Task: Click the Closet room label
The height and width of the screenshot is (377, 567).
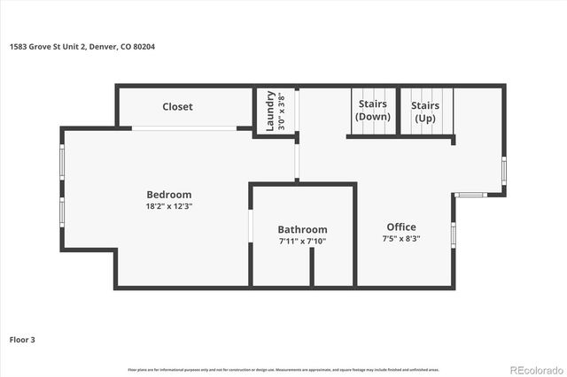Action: (177, 107)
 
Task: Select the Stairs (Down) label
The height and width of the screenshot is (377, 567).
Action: (372, 111)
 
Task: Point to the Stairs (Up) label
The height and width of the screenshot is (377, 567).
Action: (425, 111)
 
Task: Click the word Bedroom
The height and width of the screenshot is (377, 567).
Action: (168, 195)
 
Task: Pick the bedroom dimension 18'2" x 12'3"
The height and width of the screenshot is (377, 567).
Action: (168, 206)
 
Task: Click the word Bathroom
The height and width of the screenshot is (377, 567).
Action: (302, 229)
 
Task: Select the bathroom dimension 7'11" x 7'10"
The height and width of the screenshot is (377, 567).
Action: (302, 241)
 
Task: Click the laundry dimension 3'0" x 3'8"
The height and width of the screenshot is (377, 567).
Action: (282, 112)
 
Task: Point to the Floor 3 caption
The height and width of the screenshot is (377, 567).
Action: (22, 339)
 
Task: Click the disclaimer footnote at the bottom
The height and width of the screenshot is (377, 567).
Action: (283, 369)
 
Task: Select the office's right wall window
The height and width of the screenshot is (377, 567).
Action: (453, 235)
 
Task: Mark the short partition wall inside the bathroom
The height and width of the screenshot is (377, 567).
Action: (312, 266)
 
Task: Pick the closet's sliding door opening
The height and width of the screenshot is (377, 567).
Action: (184, 129)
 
